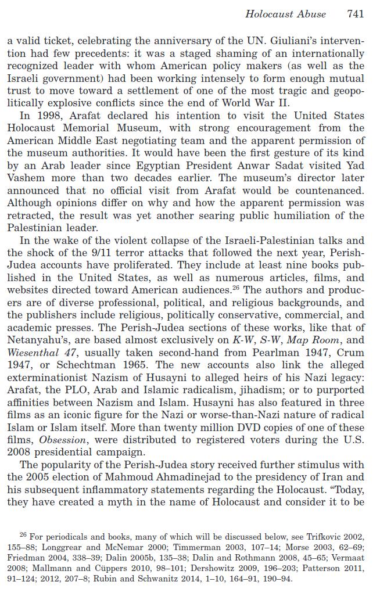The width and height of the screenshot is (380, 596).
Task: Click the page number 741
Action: [355, 14]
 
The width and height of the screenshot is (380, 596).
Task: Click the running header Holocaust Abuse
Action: [285, 14]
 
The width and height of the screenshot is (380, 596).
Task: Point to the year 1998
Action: [48, 116]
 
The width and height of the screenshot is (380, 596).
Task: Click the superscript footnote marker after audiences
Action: [236, 287]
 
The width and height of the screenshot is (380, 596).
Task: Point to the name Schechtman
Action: [62, 365]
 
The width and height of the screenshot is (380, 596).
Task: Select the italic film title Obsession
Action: [62, 440]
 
